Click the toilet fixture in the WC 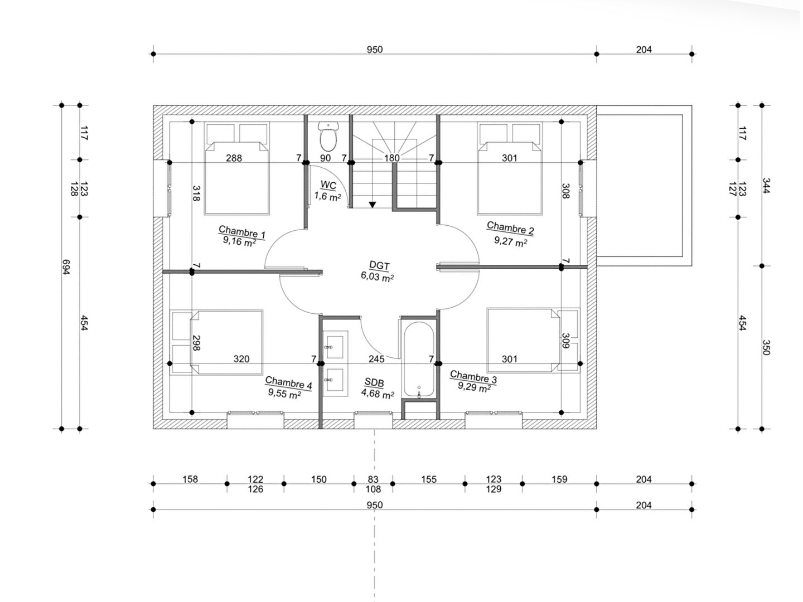click(x=328, y=137)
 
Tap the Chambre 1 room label click(x=242, y=232)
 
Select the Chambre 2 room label click(x=510, y=228)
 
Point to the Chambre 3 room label click(x=473, y=376)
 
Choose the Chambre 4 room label click(x=288, y=383)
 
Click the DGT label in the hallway click(x=379, y=265)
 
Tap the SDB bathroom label click(x=374, y=383)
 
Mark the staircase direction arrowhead click(x=372, y=205)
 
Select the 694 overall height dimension click(x=66, y=267)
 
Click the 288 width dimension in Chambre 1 click(x=234, y=158)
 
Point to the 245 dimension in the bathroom click(x=376, y=359)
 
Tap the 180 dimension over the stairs click(x=392, y=158)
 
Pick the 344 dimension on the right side click(x=766, y=186)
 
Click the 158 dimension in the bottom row click(x=190, y=479)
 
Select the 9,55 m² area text click(x=284, y=394)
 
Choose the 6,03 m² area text click(x=377, y=276)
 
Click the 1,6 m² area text click(x=327, y=197)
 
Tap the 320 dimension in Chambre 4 click(x=241, y=359)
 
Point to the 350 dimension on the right click(x=766, y=348)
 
